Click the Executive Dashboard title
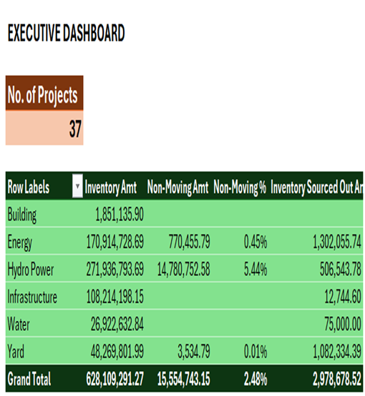click(67, 33)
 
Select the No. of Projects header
click(42, 95)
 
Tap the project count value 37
click(75, 129)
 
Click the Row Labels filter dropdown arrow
click(77, 186)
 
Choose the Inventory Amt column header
click(110, 188)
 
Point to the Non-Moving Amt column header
click(177, 188)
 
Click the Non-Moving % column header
click(240, 188)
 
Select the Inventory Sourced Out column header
click(316, 188)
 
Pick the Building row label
click(22, 215)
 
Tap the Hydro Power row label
click(31, 269)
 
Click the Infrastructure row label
click(32, 297)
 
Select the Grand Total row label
click(29, 379)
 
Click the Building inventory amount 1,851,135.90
click(120, 214)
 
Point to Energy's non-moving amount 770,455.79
click(189, 242)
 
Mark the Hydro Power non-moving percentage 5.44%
click(255, 269)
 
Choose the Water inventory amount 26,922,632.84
click(117, 324)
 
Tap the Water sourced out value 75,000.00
click(343, 324)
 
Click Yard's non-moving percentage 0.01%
click(255, 351)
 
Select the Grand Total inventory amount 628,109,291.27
click(115, 379)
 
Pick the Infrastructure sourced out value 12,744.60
click(343, 297)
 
